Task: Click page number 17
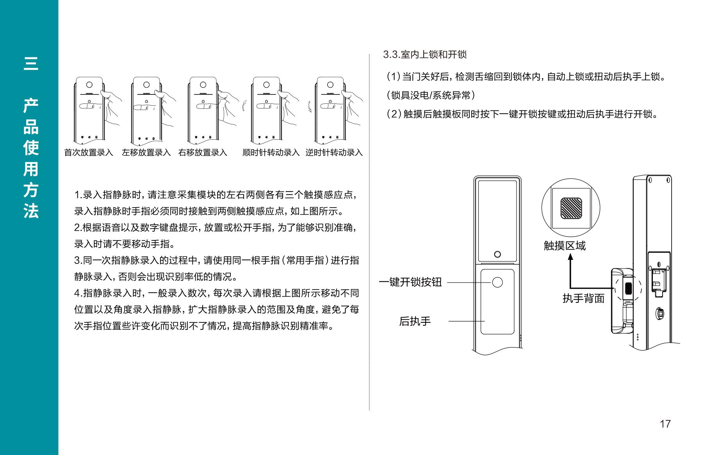(665, 424)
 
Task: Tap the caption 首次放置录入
(89, 153)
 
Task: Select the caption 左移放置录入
(146, 153)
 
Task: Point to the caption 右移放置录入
(203, 153)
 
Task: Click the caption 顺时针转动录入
(271, 153)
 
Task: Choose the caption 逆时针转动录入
(334, 153)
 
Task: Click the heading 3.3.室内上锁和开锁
(425, 55)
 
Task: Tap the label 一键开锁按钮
(410, 282)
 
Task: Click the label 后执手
(415, 322)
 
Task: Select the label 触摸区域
(565, 245)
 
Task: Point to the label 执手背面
(583, 299)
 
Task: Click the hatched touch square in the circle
(571, 208)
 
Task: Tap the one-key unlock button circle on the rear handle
(497, 282)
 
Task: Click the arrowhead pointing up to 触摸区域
(570, 257)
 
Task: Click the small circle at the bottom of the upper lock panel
(497, 254)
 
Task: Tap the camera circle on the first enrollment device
(89, 85)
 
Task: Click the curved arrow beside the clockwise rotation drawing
(244, 106)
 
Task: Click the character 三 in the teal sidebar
(31, 64)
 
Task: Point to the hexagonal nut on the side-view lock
(659, 313)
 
